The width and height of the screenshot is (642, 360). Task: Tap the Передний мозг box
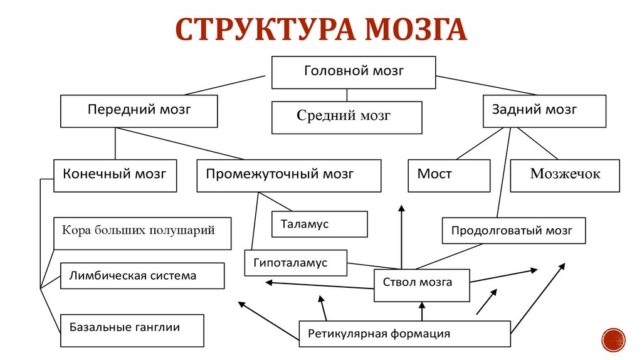point(139,110)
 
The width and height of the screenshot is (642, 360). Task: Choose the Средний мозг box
point(347,117)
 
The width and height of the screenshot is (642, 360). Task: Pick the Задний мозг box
point(544,111)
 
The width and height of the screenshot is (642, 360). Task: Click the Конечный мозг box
point(115,175)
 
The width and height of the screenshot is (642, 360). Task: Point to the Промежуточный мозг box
point(288,175)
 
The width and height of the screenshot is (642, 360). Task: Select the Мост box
point(449,175)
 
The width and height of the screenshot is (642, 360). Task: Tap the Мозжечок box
point(565,175)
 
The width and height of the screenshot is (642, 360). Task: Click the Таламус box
point(319,224)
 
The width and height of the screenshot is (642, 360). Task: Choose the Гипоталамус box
point(295,263)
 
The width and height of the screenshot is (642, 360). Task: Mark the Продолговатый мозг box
point(513,230)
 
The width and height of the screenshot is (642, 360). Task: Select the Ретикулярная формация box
point(404,334)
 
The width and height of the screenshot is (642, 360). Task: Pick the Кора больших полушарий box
point(142,233)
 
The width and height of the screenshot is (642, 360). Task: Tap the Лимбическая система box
point(142,276)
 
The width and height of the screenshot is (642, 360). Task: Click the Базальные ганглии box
point(132,330)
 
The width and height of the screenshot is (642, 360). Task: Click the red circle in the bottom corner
point(613,339)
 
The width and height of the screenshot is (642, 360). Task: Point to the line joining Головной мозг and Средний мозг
point(347,95)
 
